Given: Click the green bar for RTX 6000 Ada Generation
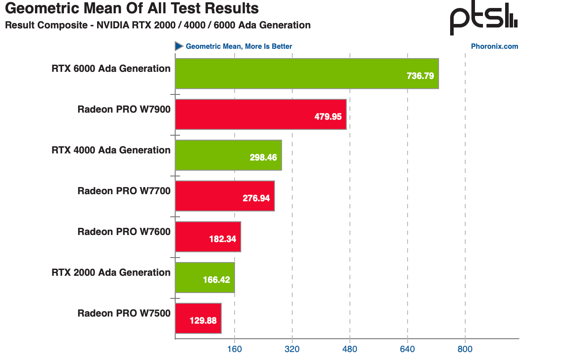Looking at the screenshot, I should click(306, 74).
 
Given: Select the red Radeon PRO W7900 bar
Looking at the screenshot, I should click(260, 114).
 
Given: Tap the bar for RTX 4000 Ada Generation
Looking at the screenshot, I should click(228, 155).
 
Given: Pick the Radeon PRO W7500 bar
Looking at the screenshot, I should click(198, 318).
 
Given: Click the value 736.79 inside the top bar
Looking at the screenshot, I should click(420, 76).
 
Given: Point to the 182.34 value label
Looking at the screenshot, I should click(222, 239).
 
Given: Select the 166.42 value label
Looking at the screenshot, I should click(216, 280).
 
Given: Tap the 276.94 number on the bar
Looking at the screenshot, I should click(256, 198).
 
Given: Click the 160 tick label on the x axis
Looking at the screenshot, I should click(234, 349).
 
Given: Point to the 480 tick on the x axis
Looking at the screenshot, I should click(349, 349).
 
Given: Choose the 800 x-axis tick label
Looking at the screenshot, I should click(465, 349).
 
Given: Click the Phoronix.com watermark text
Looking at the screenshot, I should click(494, 47).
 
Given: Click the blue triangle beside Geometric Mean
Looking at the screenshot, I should click(179, 46).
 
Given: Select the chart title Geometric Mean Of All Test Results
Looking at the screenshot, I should click(132, 8).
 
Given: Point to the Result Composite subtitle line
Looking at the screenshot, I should click(157, 25).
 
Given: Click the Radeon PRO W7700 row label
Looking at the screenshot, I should click(124, 191).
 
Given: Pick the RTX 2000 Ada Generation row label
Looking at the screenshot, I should click(111, 273).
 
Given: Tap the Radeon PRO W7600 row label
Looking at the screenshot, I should click(124, 232).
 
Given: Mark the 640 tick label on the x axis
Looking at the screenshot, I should click(407, 349).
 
